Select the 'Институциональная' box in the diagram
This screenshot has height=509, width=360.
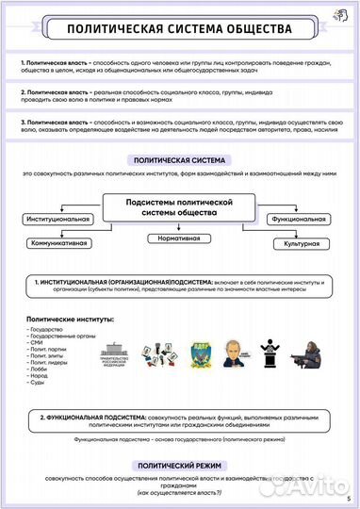pos(58,219)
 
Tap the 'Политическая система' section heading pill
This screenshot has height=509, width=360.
pos(180,160)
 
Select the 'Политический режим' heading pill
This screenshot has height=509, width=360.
pos(180,465)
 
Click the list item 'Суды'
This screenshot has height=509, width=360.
pos(37,383)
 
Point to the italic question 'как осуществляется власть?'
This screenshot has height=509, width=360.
pos(179,493)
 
